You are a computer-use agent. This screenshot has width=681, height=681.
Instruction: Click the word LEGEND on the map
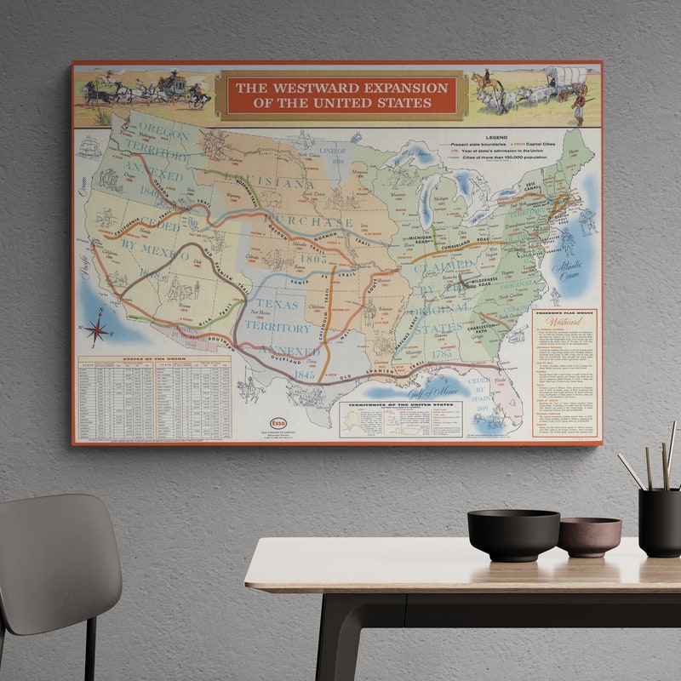click(x=496, y=137)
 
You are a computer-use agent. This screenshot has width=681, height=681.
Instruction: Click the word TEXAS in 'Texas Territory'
click(x=279, y=304)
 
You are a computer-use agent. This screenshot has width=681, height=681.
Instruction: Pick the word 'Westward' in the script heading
click(x=564, y=323)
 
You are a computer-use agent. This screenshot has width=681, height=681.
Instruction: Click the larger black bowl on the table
click(x=513, y=534)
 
